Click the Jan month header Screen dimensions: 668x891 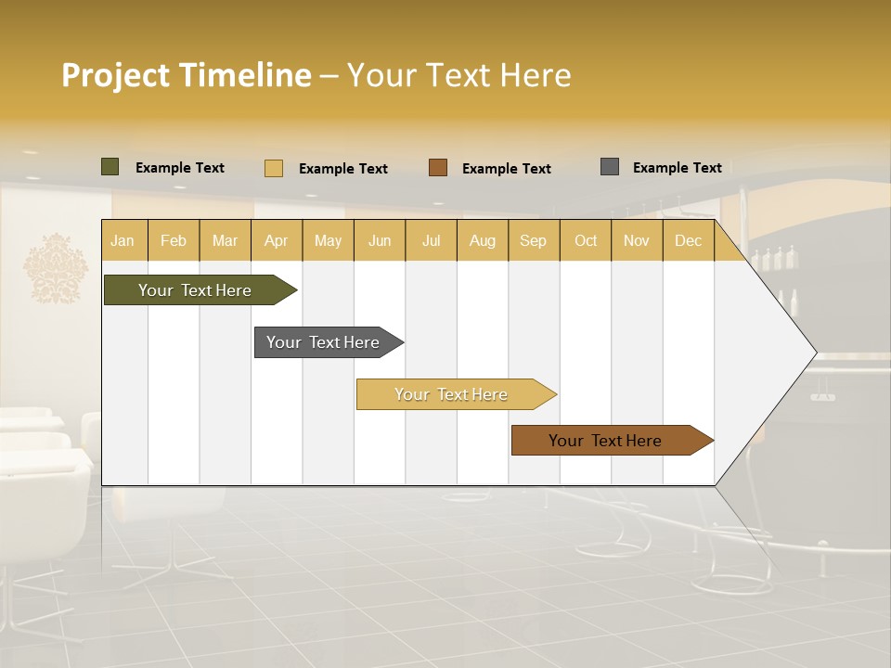(123, 240)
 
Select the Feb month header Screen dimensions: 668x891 (174, 240)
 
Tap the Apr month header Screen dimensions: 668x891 (276, 240)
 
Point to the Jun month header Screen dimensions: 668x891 (380, 240)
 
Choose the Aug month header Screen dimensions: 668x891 (482, 240)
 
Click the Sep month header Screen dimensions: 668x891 (533, 240)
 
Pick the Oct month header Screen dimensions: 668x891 (586, 240)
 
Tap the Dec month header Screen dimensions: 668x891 (688, 240)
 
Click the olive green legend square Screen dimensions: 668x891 (110, 167)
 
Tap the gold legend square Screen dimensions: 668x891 (274, 168)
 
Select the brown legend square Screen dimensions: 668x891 (438, 168)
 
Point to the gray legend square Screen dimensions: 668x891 (610, 167)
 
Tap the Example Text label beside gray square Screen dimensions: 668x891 (677, 168)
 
